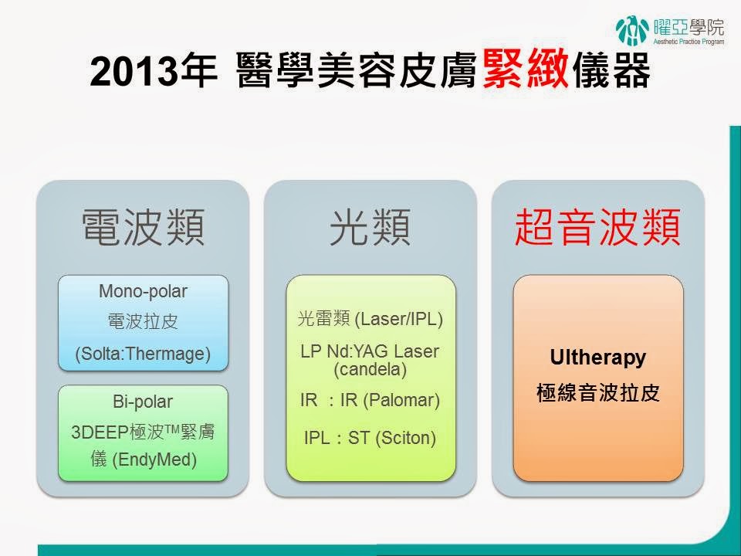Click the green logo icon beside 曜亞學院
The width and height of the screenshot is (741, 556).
(632, 31)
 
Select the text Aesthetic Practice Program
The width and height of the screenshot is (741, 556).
(689, 42)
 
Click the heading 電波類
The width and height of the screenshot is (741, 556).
(144, 227)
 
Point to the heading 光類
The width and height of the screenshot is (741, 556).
(370, 227)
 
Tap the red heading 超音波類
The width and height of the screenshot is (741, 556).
(597, 227)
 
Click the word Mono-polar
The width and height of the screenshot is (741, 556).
(144, 291)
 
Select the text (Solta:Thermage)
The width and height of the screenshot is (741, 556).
(143, 354)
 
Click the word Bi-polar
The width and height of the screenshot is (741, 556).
(143, 402)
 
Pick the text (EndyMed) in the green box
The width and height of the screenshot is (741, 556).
(154, 459)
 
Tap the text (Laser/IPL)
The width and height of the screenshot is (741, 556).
(398, 319)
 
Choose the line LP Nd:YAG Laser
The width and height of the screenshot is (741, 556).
(370, 351)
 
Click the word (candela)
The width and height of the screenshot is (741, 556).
(370, 369)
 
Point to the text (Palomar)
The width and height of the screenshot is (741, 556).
(401, 401)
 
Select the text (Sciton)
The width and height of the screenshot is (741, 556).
(405, 438)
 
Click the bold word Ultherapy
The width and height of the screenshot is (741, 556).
(597, 358)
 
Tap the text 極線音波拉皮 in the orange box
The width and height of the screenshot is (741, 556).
(597, 393)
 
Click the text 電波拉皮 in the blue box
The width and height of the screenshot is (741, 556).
(143, 322)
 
